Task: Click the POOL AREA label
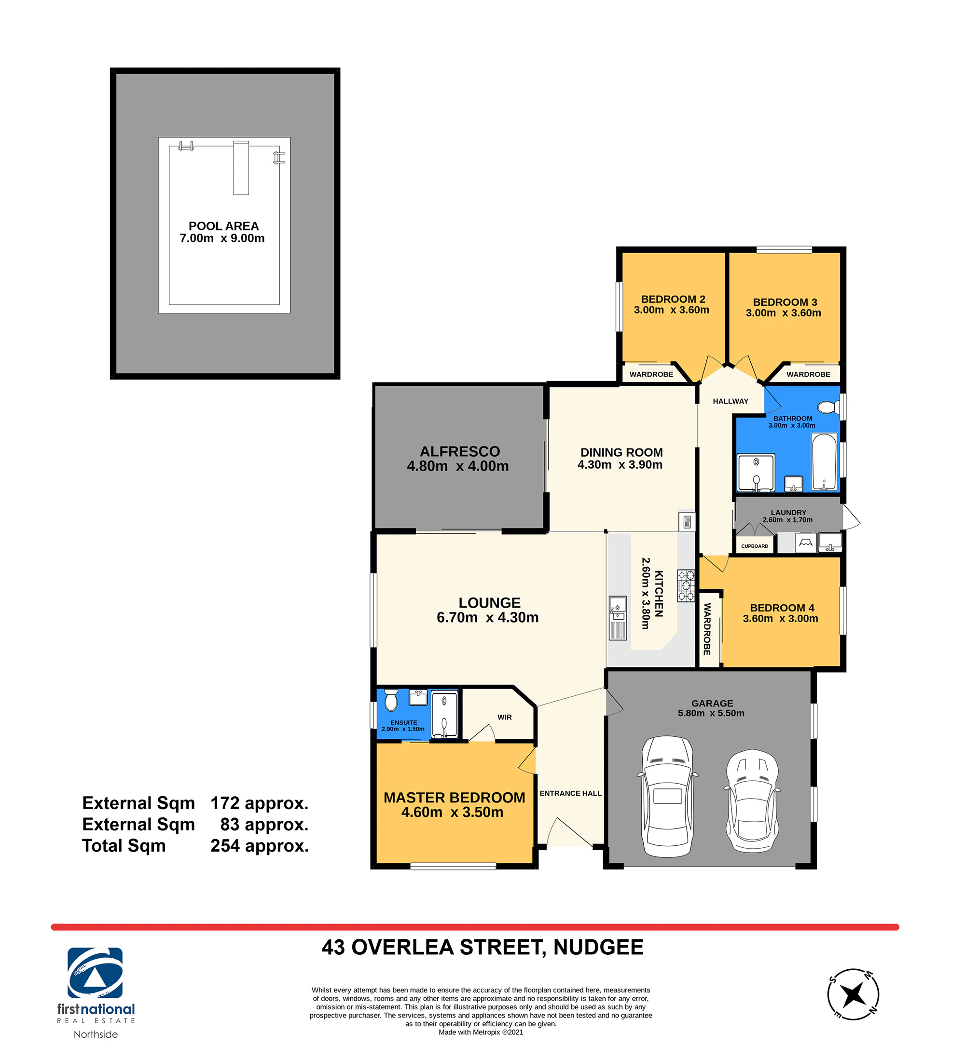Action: (224, 226)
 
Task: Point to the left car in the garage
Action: (667, 796)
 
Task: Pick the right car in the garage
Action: (752, 801)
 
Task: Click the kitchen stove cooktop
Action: (686, 585)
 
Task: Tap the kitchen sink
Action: (618, 618)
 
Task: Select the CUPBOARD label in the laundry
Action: (755, 546)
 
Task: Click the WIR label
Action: (505, 718)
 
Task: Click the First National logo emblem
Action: (95, 973)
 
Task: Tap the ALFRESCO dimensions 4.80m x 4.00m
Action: (458, 466)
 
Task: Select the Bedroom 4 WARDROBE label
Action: (707, 629)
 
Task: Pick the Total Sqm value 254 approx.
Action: (260, 846)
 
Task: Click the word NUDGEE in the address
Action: (598, 947)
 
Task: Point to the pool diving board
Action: (241, 167)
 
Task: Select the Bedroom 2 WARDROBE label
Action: (651, 374)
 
